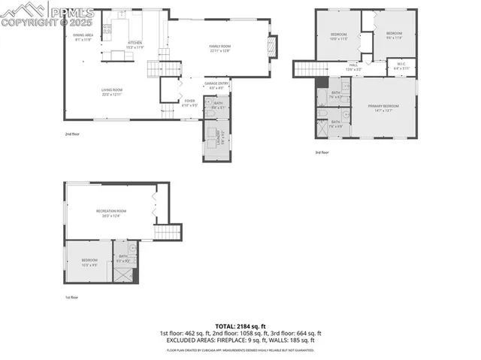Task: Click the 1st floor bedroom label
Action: pos(89,262)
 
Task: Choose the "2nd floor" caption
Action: pos(71,135)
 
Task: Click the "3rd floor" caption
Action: pos(322,153)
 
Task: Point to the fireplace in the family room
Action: pos(273,47)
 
